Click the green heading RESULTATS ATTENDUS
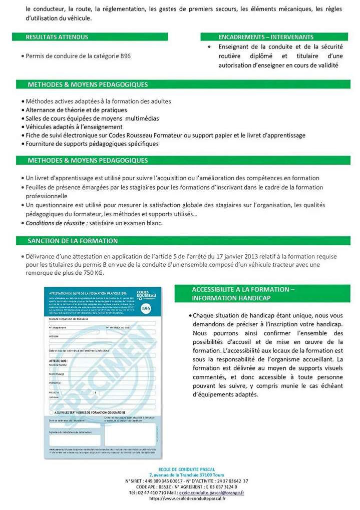pos(57,37)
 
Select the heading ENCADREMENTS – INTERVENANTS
pos(266,37)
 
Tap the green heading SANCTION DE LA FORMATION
pos(73,241)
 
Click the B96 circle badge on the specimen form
pos(146,309)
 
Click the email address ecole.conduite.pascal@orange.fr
pos(211,492)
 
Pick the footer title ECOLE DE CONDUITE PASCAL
pos(186,469)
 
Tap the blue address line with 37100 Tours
pos(186,474)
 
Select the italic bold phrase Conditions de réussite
pos(53,223)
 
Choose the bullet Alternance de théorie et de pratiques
pos(76,110)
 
